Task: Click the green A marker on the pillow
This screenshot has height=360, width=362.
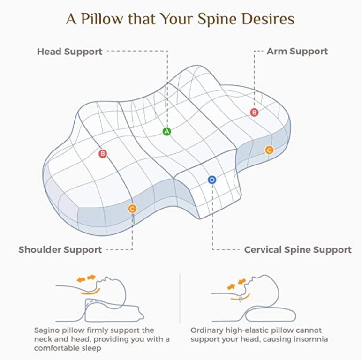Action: (x=166, y=131)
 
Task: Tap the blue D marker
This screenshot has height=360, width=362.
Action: (x=212, y=180)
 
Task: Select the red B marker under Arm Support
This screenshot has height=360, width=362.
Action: (x=254, y=112)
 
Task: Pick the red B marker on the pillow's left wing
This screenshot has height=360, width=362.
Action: (x=103, y=153)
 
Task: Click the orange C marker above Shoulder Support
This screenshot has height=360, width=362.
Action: (x=132, y=209)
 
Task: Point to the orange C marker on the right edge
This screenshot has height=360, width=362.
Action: (x=269, y=150)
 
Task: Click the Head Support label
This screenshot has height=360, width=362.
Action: (x=69, y=52)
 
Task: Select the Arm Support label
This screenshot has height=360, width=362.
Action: (x=297, y=51)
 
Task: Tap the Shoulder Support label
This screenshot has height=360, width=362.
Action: (x=60, y=250)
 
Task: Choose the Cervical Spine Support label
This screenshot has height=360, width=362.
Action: (x=298, y=250)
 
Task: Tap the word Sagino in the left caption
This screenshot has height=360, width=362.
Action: (x=48, y=330)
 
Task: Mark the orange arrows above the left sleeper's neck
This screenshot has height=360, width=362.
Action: (x=86, y=278)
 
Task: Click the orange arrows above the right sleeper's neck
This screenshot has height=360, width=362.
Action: (x=237, y=284)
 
